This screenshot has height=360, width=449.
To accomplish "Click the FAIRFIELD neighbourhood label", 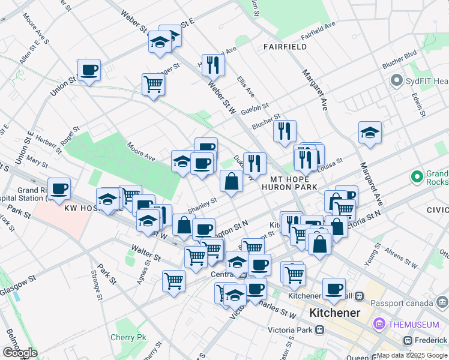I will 285,46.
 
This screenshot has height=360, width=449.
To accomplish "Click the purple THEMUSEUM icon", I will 379,325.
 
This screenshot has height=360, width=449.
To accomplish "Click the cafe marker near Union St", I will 89,71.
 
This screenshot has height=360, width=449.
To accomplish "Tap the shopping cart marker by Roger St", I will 154,85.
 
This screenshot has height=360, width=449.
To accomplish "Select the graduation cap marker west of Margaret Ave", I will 370,133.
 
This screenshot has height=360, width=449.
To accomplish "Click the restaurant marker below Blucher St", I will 285,130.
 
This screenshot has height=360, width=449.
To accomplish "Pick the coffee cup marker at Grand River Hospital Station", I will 59,189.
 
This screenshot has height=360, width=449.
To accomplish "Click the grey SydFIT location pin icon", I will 396,80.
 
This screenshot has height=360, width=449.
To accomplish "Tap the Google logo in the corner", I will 20,353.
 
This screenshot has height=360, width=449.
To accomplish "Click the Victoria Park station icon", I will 320,329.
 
